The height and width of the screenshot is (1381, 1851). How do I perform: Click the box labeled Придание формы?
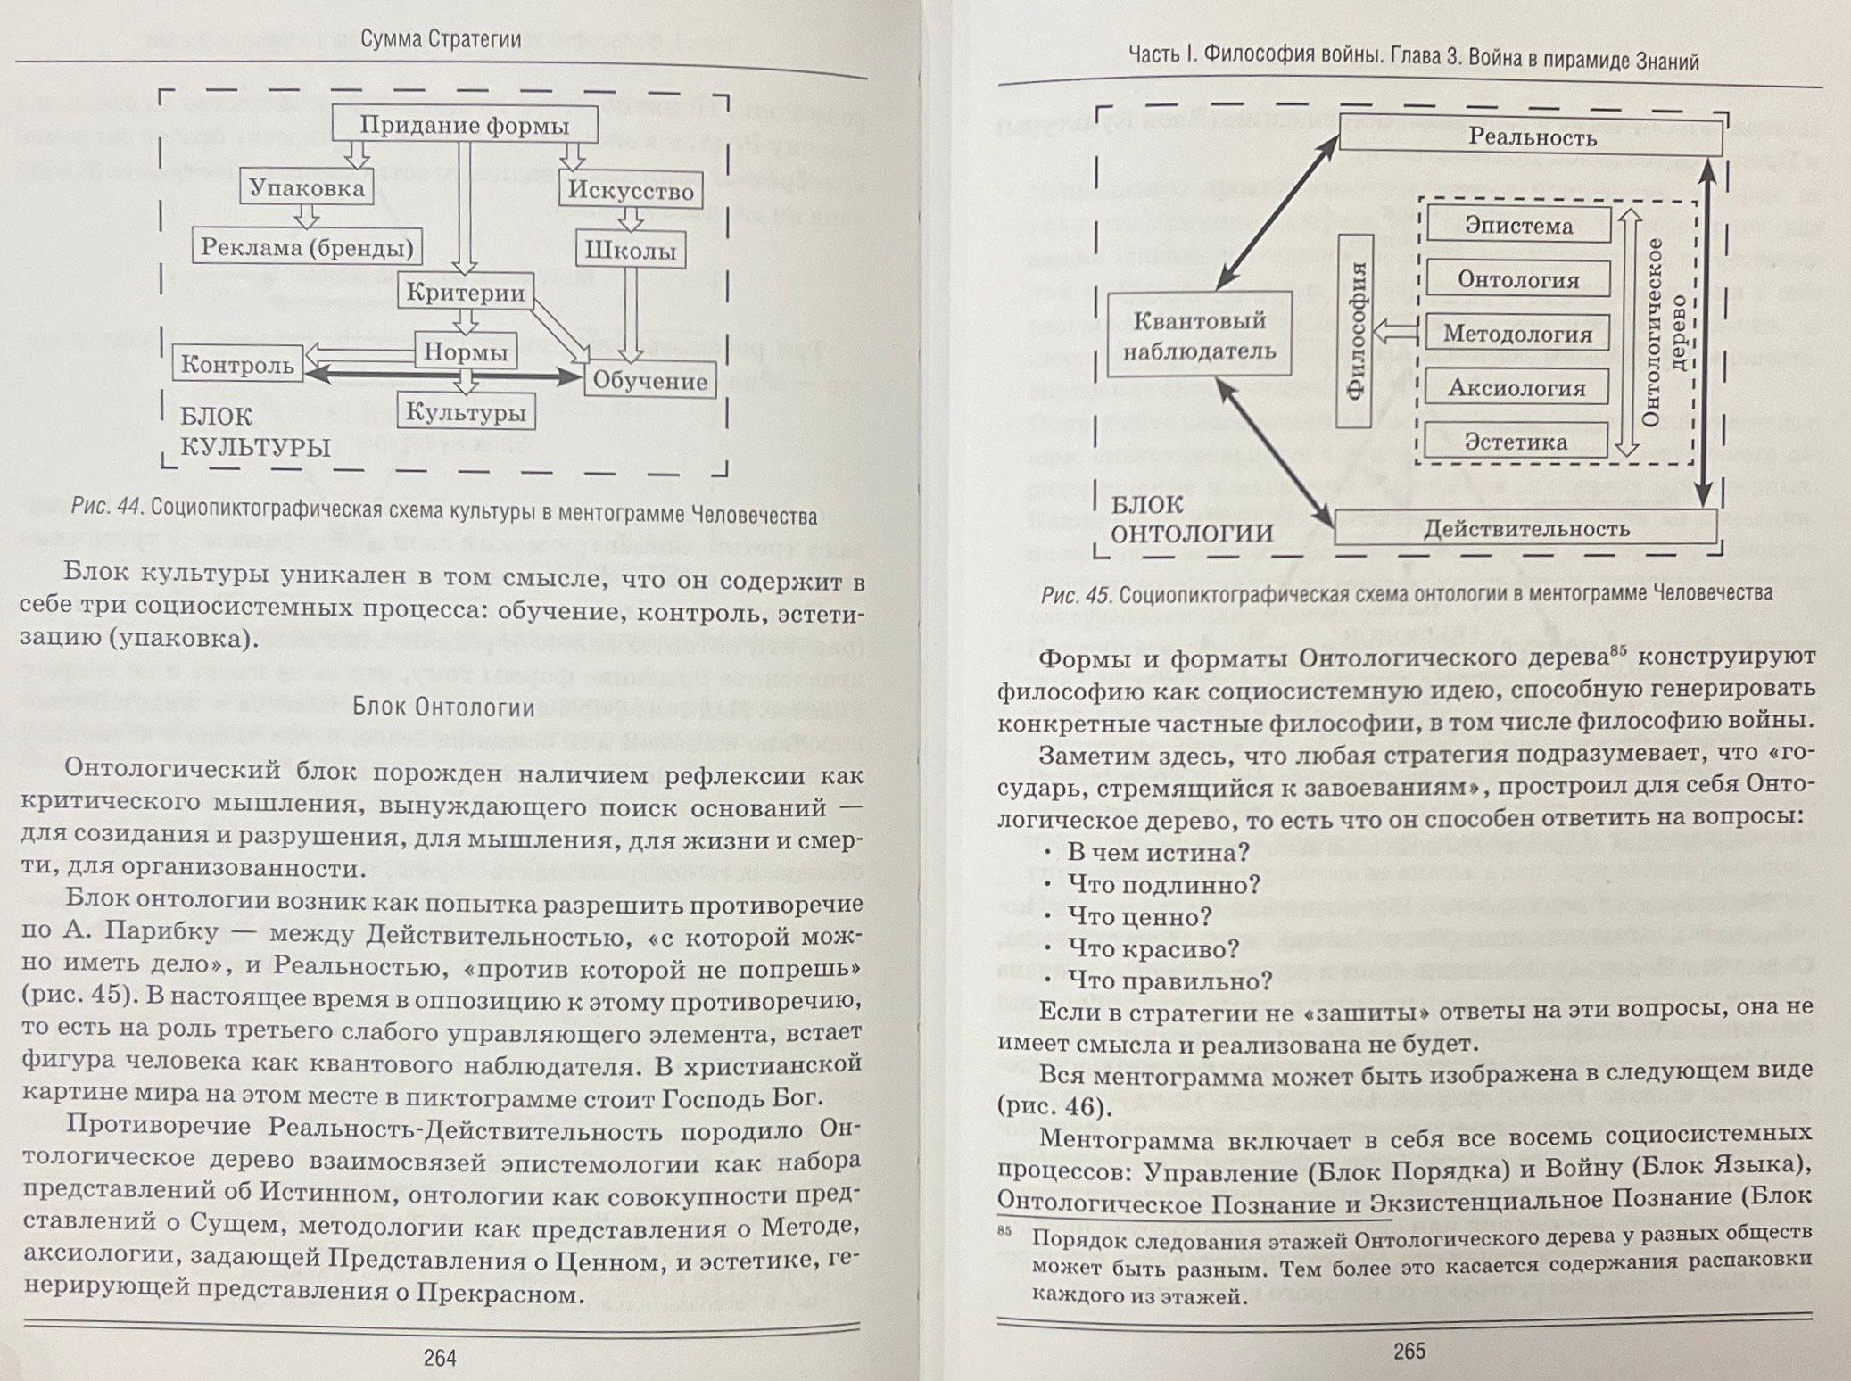coord(464,124)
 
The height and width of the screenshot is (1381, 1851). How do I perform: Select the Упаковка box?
coord(306,187)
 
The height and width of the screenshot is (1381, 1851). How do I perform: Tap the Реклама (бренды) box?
coord(307,247)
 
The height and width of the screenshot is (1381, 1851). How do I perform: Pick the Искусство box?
coord(631,191)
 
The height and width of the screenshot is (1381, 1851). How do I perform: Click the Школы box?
coord(631,251)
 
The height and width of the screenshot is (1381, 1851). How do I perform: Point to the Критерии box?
coord(465,292)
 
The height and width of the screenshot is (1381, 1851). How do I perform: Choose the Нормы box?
coord(465,351)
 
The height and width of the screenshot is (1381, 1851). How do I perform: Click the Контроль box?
coord(237,364)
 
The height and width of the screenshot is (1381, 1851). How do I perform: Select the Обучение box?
coord(649,381)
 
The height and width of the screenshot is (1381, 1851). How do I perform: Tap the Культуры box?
coord(465,412)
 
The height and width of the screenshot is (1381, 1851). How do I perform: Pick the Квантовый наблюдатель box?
coord(1199,335)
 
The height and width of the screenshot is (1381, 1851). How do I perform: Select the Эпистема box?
coord(1518,226)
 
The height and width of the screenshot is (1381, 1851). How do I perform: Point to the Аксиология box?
coord(1516,388)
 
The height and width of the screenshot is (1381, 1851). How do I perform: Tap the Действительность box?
coord(1525,528)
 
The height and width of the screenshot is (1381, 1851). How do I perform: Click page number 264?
coord(440,1358)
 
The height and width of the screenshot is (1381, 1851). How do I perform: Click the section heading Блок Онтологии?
coord(443,707)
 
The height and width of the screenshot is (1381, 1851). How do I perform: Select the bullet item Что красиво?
coord(1153,948)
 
